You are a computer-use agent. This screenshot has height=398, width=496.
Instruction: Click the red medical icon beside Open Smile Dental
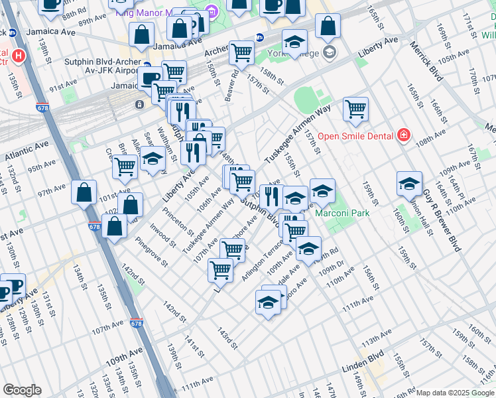click(x=403, y=136)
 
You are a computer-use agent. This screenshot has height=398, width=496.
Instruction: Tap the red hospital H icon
click(x=19, y=56)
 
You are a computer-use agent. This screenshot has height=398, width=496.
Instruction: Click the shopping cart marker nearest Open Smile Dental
click(x=356, y=109)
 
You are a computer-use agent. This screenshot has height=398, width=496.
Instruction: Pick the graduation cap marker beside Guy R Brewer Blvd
click(x=409, y=184)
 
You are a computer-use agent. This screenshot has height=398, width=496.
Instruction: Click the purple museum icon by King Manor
click(x=212, y=11)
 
